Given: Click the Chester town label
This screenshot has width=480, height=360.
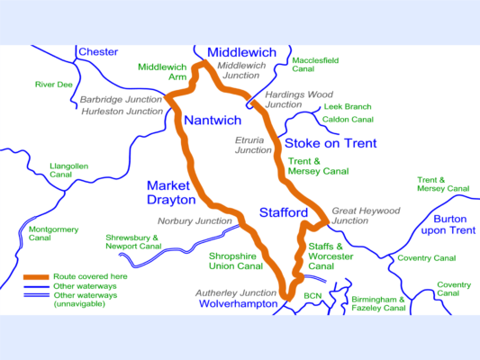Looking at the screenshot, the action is click(98, 52).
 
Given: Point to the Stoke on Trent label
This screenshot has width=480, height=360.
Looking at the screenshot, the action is click(331, 143).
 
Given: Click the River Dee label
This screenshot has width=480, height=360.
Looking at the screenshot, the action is click(53, 85).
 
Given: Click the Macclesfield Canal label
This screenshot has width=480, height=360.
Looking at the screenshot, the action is click(316, 64).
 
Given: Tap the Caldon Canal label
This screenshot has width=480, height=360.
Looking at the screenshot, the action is click(349, 119).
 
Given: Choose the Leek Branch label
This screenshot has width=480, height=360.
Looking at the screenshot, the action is click(348, 106).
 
